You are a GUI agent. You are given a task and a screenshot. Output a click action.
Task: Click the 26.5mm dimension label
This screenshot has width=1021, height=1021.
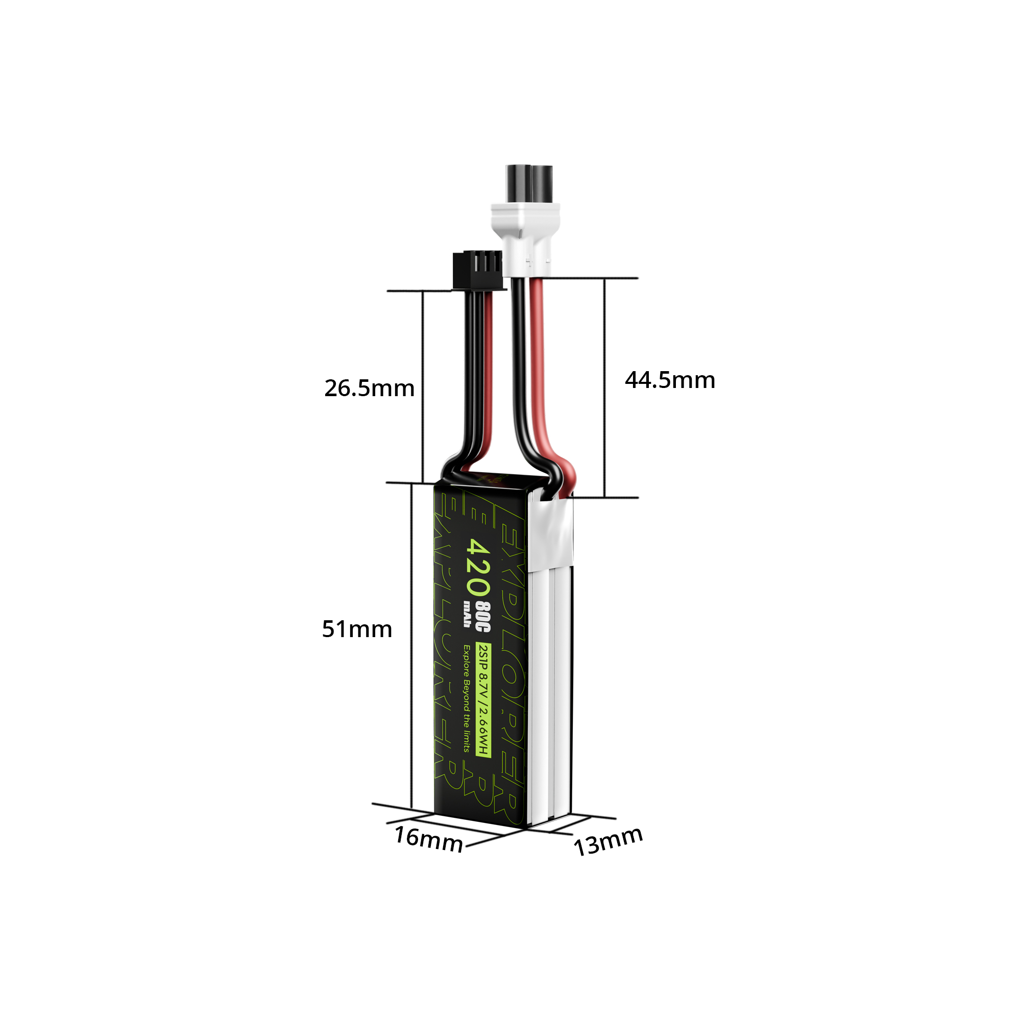click(x=369, y=388)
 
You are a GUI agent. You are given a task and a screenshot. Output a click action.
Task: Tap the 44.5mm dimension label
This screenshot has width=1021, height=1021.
click(x=670, y=380)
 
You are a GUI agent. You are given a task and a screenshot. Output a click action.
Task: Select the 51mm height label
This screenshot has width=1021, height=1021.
click(x=357, y=629)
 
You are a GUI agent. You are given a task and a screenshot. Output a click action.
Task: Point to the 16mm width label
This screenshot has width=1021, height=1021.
click(x=429, y=839)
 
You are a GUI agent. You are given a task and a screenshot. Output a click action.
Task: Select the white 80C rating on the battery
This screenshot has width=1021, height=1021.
click(x=483, y=617)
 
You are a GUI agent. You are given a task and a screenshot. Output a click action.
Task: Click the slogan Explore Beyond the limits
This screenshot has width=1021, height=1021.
click(x=467, y=698)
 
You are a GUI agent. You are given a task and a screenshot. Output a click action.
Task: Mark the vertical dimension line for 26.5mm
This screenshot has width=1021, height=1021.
click(x=423, y=386)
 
